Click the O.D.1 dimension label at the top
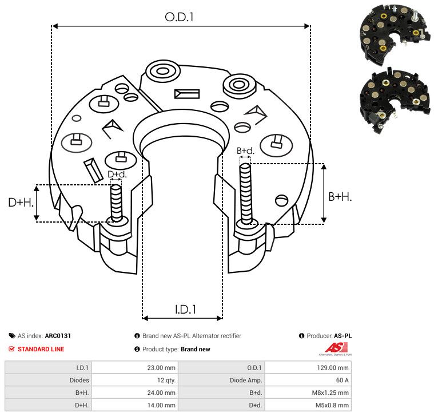point(179,17)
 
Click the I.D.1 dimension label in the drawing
point(185,310)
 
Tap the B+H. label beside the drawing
point(340,197)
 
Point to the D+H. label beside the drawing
point(21,203)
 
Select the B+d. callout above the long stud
point(245,150)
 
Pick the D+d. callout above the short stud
point(117,174)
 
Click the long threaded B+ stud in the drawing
point(245,193)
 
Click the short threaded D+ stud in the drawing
point(116,203)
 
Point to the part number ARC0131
point(58,336)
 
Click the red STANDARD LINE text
point(41,349)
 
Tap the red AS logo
point(336,348)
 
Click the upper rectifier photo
point(395,34)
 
